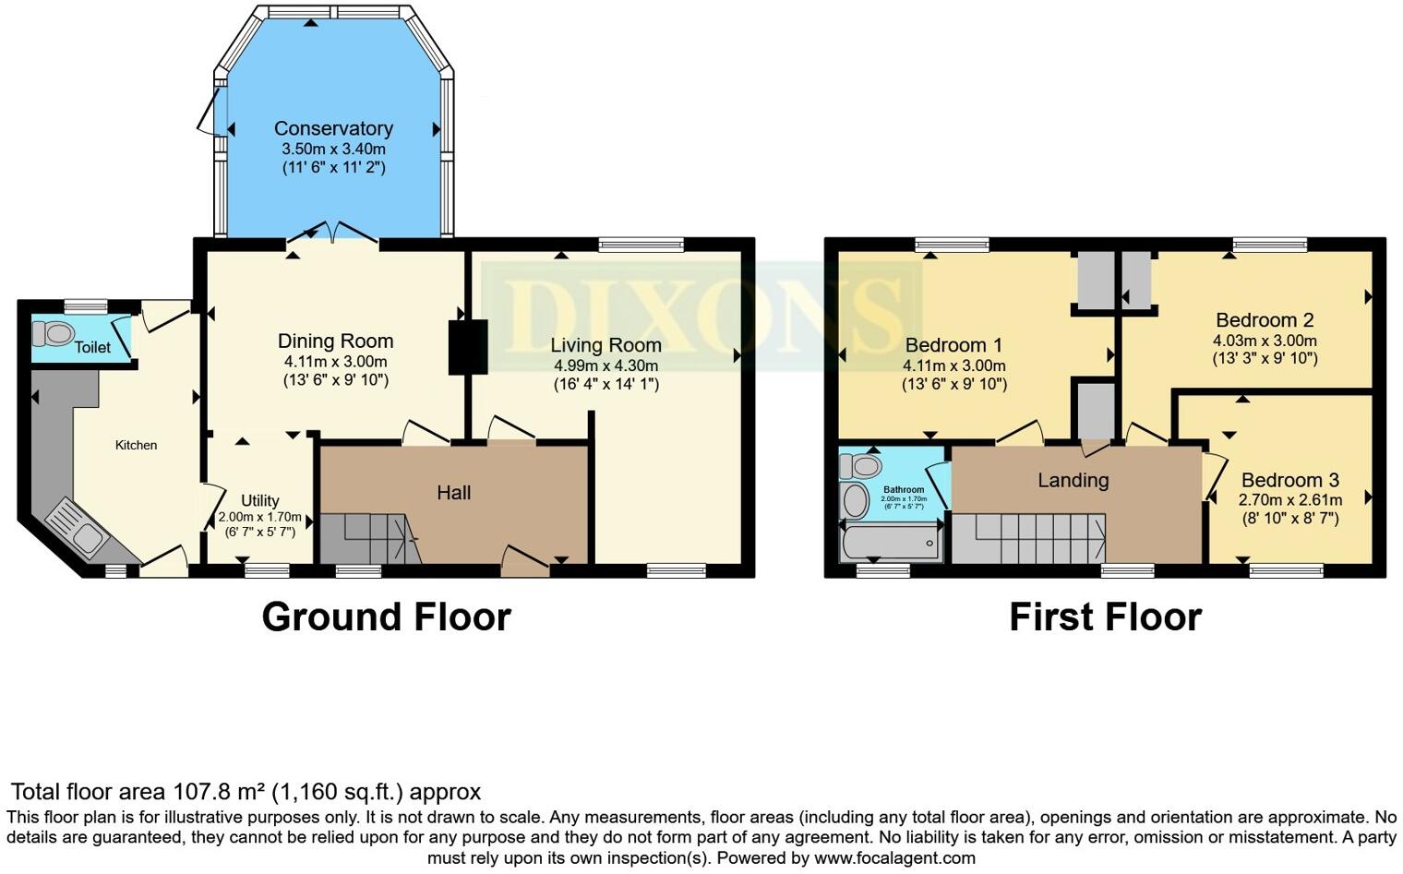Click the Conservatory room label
(x=333, y=129)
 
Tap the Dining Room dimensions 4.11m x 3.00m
(x=335, y=362)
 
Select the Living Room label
(x=606, y=345)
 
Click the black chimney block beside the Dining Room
(x=468, y=347)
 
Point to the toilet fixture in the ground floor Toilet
(x=58, y=332)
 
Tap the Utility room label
(x=259, y=500)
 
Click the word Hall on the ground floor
(x=453, y=493)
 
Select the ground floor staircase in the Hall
(x=369, y=539)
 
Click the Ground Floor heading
(x=386, y=617)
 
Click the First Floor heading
(x=1105, y=617)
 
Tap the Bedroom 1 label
(x=953, y=345)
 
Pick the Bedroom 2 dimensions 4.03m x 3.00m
(x=1265, y=341)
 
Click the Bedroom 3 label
(x=1289, y=480)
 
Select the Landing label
(x=1073, y=480)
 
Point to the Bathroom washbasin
(x=856, y=501)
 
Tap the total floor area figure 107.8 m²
(x=219, y=792)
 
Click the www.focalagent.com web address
(x=894, y=857)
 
